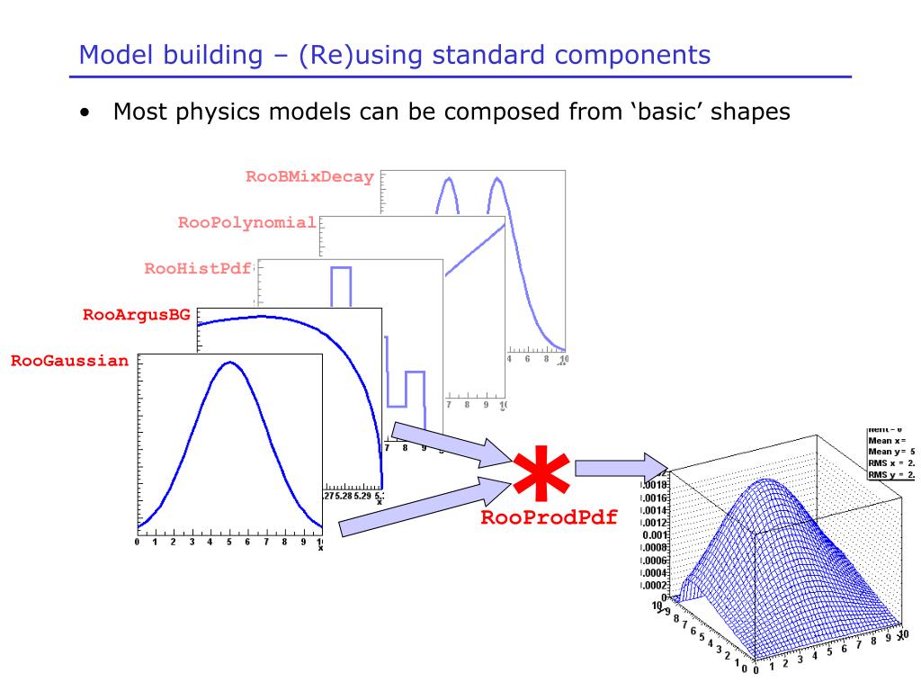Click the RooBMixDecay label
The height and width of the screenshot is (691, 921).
coord(309,177)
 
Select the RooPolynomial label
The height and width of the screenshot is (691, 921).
coord(246,222)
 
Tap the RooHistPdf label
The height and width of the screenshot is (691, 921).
coord(198,268)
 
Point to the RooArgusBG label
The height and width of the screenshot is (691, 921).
coord(137,315)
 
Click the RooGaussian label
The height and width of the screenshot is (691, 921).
coord(70,362)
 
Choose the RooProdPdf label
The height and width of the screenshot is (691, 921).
coord(549,518)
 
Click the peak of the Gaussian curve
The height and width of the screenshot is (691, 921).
coord(230,363)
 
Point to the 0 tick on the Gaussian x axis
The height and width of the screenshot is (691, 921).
coord(137,543)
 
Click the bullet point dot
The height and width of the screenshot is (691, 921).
coord(84,113)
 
